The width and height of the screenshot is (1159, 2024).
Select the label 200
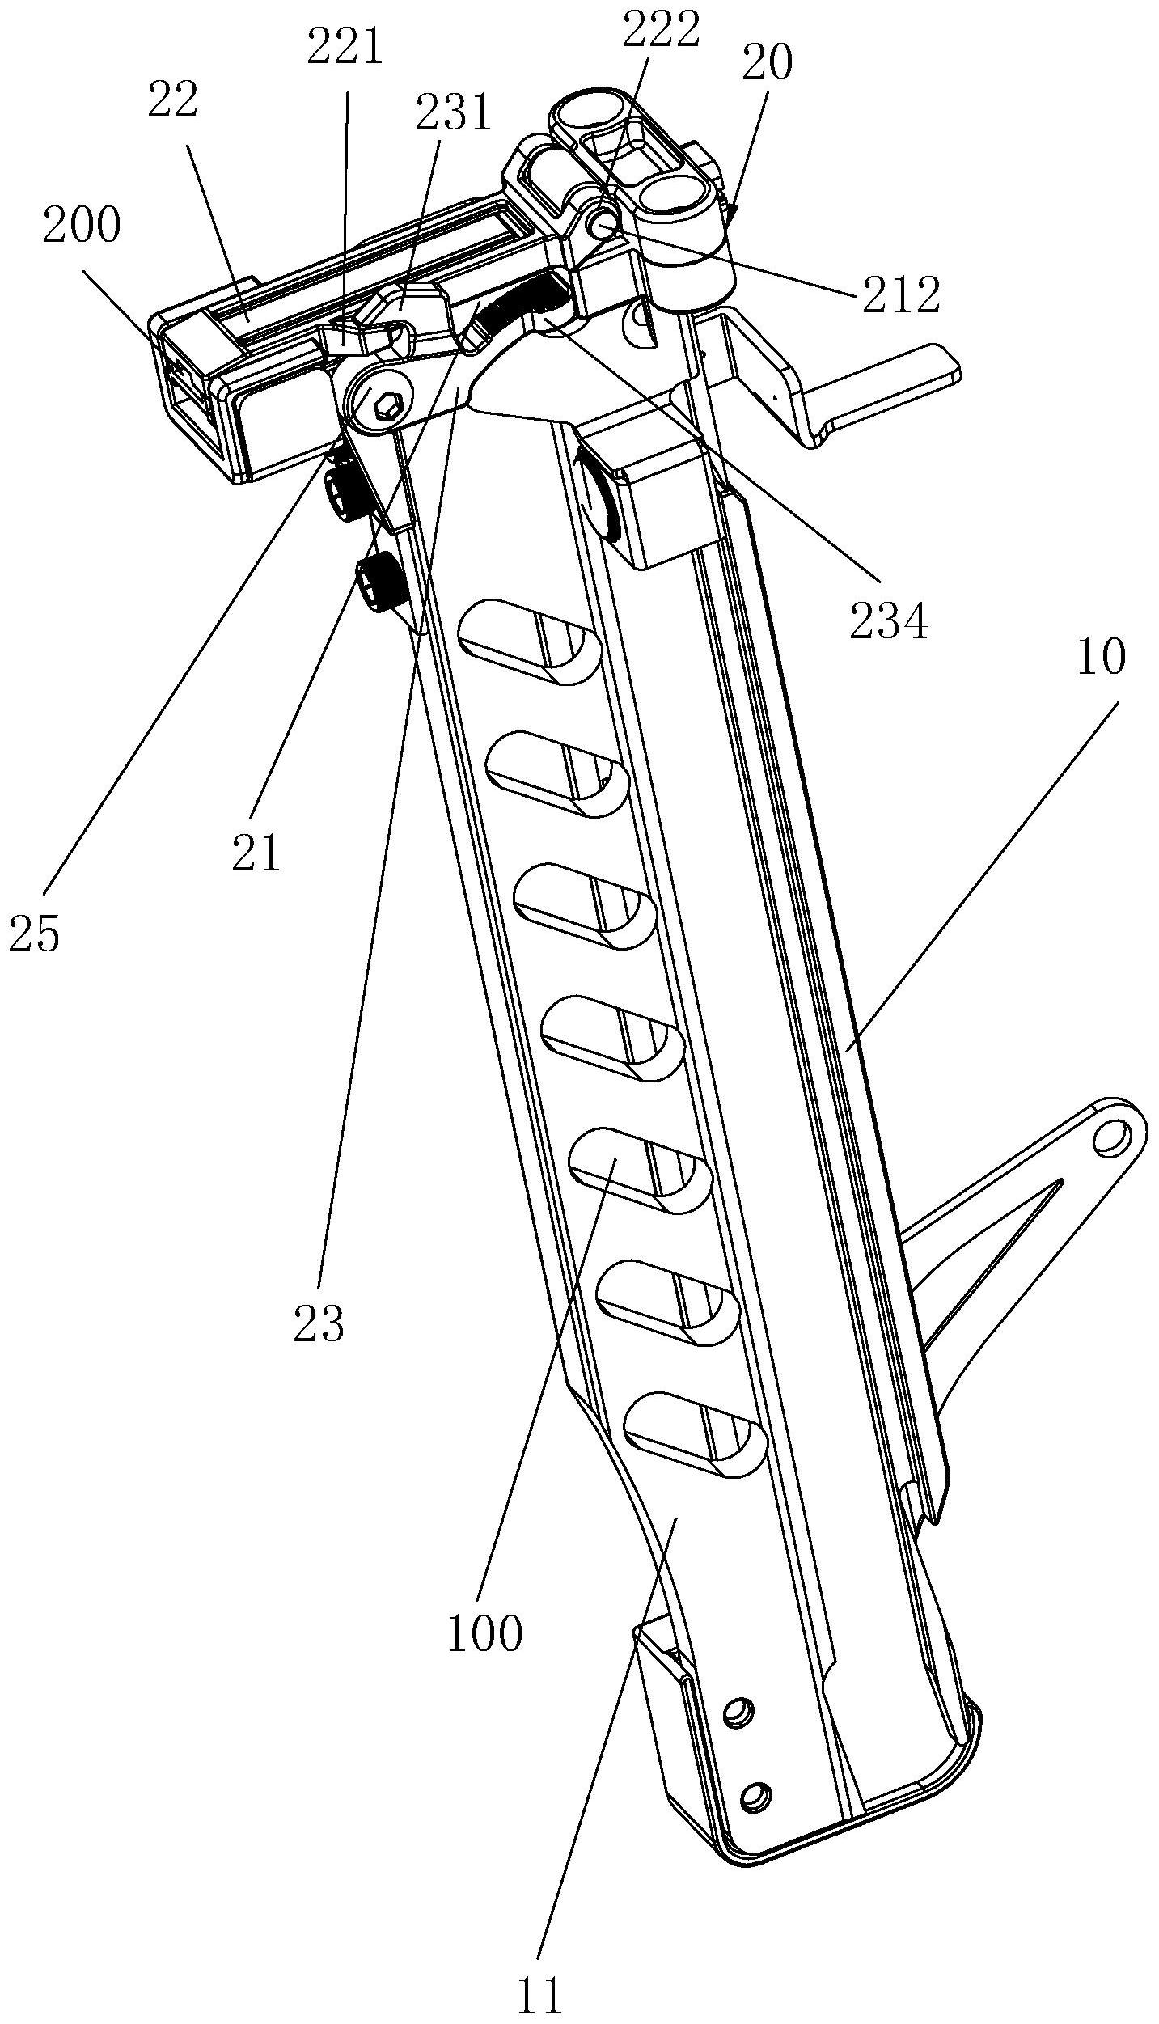[82, 227]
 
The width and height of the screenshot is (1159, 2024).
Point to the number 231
[454, 113]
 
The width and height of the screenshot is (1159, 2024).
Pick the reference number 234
[889, 623]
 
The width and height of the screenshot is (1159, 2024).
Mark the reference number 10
[1101, 657]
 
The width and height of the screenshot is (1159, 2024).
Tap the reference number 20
[767, 63]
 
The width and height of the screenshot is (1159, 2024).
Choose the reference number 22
[172, 100]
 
